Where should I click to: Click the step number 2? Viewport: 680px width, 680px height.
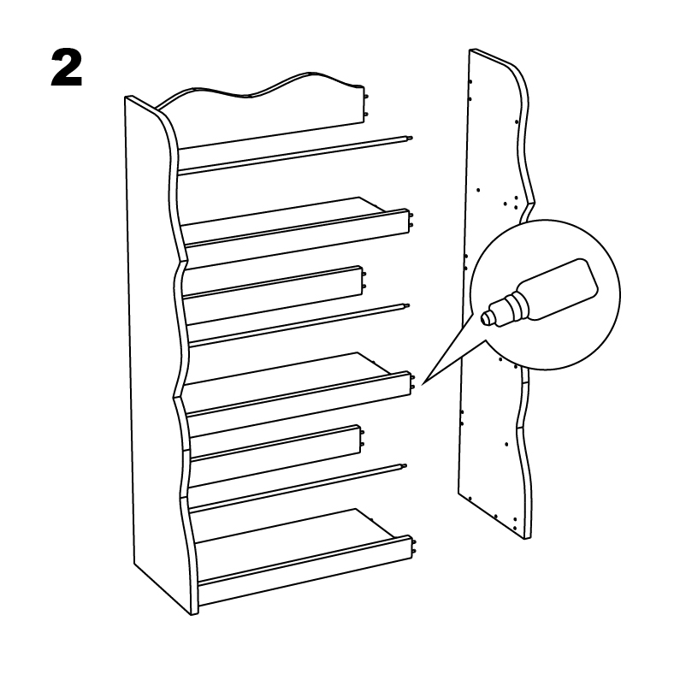coord(67,68)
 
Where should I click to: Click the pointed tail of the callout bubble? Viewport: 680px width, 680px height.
coord(423,383)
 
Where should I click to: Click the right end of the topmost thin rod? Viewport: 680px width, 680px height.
coord(410,139)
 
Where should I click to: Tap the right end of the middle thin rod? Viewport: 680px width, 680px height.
coord(407,306)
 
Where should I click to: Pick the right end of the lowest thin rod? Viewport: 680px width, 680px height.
coord(405,467)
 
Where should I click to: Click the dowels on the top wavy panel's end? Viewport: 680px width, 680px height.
coord(366,105)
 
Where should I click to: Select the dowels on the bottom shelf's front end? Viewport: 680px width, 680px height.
coord(414,546)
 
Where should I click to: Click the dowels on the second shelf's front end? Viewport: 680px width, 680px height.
coord(412,381)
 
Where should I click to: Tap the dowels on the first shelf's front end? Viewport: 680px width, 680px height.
coord(411,220)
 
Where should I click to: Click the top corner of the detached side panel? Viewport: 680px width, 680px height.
coord(471,50)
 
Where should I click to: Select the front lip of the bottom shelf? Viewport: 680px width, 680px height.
coord(305,571)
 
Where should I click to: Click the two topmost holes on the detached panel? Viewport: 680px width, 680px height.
coord(470,90)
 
